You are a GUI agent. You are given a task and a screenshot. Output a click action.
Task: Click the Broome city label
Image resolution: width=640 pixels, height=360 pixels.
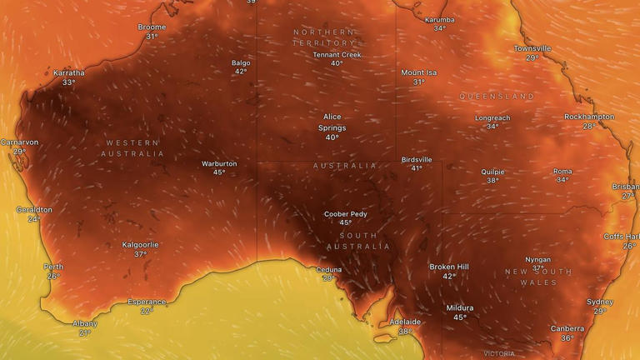(x=152, y=27)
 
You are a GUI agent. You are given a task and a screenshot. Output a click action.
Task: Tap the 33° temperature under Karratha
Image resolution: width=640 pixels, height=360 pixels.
(x=68, y=82)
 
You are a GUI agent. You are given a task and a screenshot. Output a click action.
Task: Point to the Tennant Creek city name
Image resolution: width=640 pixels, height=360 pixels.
(x=337, y=54)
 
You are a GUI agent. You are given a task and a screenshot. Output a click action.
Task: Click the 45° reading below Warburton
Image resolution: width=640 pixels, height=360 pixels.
(x=219, y=172)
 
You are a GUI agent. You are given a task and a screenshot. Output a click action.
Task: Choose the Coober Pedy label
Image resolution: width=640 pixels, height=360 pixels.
(x=345, y=214)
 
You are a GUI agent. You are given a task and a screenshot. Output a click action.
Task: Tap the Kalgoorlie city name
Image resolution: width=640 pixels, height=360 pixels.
(x=140, y=245)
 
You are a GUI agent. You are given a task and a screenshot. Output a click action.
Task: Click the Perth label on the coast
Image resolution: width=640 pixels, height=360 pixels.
(x=53, y=267)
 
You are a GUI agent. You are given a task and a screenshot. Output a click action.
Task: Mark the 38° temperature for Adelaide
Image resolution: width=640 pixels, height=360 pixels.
(x=405, y=332)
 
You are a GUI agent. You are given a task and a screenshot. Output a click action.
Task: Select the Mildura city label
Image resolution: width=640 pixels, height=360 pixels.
(x=459, y=307)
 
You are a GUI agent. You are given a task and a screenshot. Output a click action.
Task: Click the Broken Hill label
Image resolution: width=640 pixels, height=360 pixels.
(x=448, y=267)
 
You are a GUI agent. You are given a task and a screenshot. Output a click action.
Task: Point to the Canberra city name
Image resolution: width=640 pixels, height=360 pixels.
(x=567, y=328)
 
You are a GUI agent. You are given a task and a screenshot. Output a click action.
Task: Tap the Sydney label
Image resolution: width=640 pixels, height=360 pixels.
(x=599, y=302)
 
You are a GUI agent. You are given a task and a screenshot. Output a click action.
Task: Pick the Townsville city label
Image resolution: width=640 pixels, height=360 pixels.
(x=532, y=48)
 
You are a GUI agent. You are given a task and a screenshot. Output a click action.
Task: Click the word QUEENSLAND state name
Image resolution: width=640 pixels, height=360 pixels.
(x=497, y=97)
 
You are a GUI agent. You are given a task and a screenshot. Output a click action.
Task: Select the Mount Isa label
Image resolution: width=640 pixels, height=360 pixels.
(x=418, y=72)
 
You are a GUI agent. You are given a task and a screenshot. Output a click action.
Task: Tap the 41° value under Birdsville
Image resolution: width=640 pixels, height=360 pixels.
(x=417, y=168)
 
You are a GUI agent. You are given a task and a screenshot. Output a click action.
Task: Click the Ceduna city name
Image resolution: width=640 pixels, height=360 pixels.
(x=328, y=269)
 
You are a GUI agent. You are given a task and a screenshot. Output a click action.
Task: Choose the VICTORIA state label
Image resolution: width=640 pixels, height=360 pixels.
(x=498, y=353)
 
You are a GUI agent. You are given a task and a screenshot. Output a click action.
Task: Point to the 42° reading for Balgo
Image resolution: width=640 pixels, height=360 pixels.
(x=240, y=72)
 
